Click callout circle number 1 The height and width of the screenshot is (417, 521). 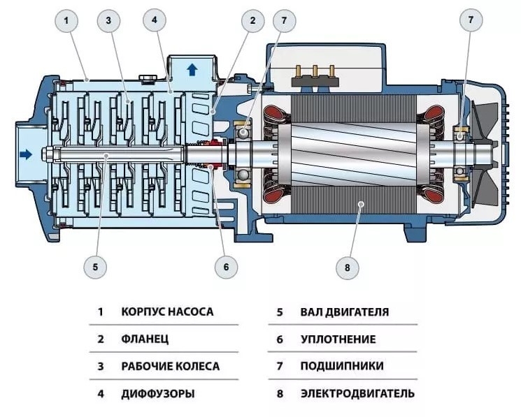(66, 21)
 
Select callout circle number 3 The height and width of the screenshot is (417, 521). (108, 21)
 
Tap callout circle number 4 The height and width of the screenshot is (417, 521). (155, 21)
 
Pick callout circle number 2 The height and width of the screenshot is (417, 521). (252, 21)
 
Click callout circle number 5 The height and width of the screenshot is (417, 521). (95, 265)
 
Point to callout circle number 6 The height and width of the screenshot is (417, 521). (226, 265)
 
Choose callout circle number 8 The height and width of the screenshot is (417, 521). (347, 265)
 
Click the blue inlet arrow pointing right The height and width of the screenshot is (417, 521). (26, 154)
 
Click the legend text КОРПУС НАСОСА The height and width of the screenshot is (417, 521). (167, 312)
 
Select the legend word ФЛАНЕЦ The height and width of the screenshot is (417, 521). (145, 339)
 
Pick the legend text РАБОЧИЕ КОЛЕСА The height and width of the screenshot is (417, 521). (170, 366)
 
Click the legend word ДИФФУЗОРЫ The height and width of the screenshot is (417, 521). (158, 393)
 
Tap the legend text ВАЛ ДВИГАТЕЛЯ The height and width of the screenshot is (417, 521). (345, 312)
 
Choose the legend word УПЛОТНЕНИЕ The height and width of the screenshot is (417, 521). (338, 339)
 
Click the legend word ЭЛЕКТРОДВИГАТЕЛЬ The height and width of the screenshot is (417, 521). (357, 393)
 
